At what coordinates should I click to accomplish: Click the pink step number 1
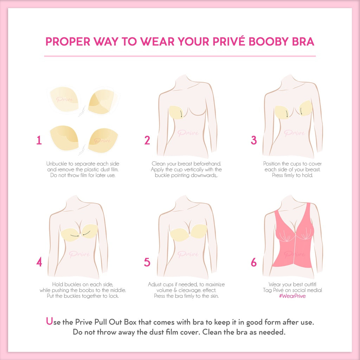click(x=39, y=140)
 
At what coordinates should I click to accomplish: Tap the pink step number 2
click(x=147, y=140)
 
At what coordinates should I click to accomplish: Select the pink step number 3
click(x=254, y=140)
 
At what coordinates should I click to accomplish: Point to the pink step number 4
click(x=39, y=262)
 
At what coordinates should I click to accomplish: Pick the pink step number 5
click(x=147, y=262)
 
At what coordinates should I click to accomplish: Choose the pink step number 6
click(x=254, y=262)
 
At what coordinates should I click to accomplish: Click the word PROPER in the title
click(x=68, y=41)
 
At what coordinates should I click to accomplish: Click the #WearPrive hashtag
click(x=292, y=296)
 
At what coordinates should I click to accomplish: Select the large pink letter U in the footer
click(x=49, y=321)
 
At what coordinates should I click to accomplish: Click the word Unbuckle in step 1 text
click(x=57, y=164)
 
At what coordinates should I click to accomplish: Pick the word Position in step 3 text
click(x=272, y=164)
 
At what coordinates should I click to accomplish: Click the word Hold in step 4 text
click(x=58, y=284)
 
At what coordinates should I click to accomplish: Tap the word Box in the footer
click(x=130, y=322)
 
